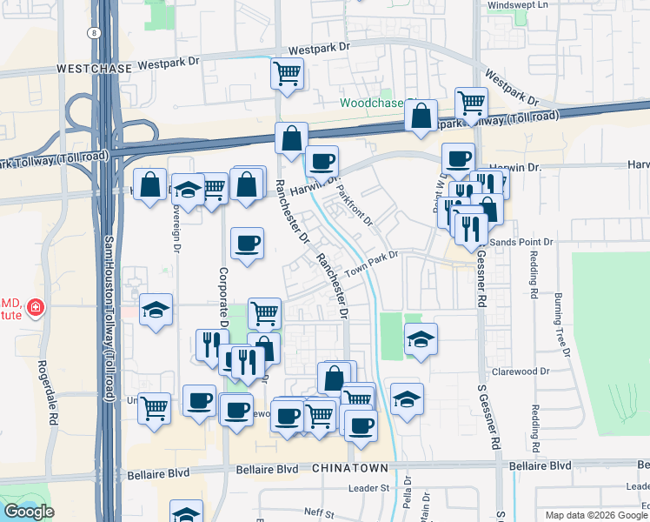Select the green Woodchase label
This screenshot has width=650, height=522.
click(371, 103)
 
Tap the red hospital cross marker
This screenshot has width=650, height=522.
click(36, 307)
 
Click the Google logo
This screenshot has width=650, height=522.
click(29, 512)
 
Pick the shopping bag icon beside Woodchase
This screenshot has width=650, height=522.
click(421, 115)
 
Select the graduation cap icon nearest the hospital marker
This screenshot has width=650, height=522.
click(156, 309)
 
